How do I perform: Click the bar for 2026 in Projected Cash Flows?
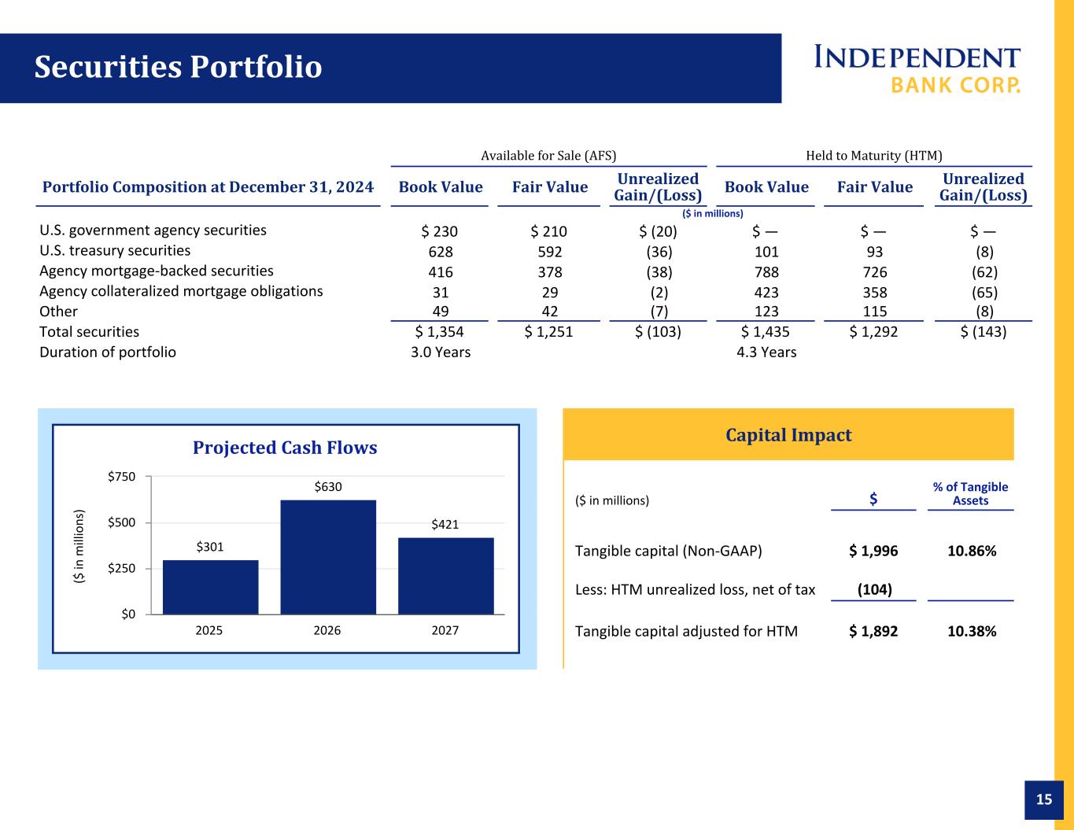pyautogui.click(x=327, y=557)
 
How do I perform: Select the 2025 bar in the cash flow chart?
pyautogui.click(x=210, y=587)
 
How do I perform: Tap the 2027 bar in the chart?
pyautogui.click(x=445, y=576)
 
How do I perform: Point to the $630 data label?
pyautogui.click(x=327, y=487)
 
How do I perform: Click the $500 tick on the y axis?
pyautogui.click(x=121, y=522)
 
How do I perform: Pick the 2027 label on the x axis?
pyautogui.click(x=445, y=630)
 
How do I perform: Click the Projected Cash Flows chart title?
pyautogui.click(x=285, y=448)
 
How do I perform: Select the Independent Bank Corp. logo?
pyautogui.click(x=917, y=68)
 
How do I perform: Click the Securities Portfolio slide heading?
pyautogui.click(x=178, y=67)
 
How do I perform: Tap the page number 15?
pyautogui.click(x=1044, y=799)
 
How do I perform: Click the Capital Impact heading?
pyautogui.click(x=788, y=435)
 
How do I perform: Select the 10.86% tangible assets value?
pyautogui.click(x=972, y=551)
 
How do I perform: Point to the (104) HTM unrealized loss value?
pyautogui.click(x=874, y=589)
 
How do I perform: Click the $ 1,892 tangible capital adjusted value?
pyautogui.click(x=873, y=632)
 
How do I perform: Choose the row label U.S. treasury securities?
pyautogui.click(x=115, y=250)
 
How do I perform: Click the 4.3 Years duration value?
pyautogui.click(x=766, y=352)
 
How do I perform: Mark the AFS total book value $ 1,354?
pyautogui.click(x=439, y=332)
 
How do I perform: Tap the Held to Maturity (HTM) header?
pyautogui.click(x=874, y=156)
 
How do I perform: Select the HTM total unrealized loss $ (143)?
pyautogui.click(x=983, y=331)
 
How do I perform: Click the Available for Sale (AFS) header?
pyautogui.click(x=548, y=156)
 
